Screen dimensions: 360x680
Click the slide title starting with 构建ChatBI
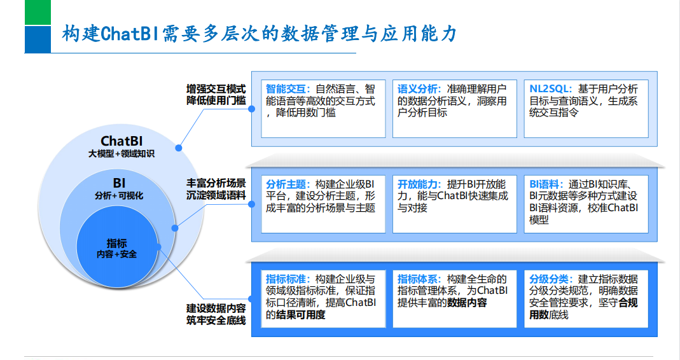pyautogui.click(x=259, y=34)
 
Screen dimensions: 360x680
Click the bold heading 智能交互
pyautogui.click(x=287, y=89)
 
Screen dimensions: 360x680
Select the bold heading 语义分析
pyautogui.click(x=418, y=89)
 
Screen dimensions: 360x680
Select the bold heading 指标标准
pyautogui.click(x=287, y=279)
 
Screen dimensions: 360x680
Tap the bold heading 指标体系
pyautogui.click(x=418, y=279)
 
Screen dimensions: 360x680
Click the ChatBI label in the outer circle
pyautogui.click(x=121, y=141)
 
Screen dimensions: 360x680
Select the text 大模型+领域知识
pyautogui.click(x=121, y=154)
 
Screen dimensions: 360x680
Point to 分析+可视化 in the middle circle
pyautogui.click(x=119, y=196)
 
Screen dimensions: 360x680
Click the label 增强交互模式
pyautogui.click(x=216, y=88)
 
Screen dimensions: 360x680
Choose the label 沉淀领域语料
pyautogui.click(x=216, y=195)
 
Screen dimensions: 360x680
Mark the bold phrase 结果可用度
pyautogui.click(x=299, y=315)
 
